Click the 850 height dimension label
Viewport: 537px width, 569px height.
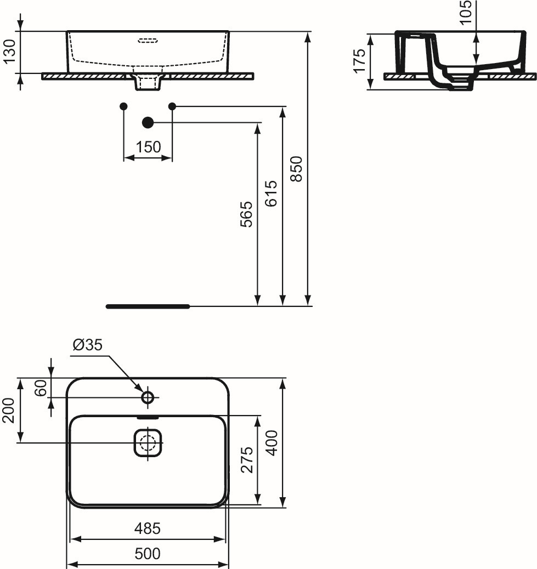pyautogui.click(x=297, y=169)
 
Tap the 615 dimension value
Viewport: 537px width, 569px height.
pyautogui.click(x=271, y=194)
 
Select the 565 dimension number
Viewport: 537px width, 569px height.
pyautogui.click(x=246, y=214)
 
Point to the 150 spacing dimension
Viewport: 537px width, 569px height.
pyautogui.click(x=148, y=147)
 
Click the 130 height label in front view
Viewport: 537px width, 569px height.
pyautogui.click(x=10, y=51)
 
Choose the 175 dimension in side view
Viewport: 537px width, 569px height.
pyautogui.click(x=360, y=61)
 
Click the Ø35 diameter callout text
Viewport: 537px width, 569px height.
pyautogui.click(x=88, y=345)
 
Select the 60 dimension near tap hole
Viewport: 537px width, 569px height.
pyautogui.click(x=41, y=388)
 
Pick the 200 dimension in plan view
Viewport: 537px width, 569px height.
pyautogui.click(x=8, y=410)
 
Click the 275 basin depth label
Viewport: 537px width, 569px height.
pyautogui.click(x=247, y=460)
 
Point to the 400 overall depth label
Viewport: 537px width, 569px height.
pyautogui.click(x=272, y=443)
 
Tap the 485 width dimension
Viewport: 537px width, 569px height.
pyautogui.click(x=148, y=528)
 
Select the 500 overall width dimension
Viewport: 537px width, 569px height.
pyautogui.click(x=148, y=554)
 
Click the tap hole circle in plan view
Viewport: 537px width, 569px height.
pyautogui.click(x=148, y=398)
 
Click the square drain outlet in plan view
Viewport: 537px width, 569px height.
pyautogui.click(x=148, y=443)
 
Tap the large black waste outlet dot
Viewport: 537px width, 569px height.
pyautogui.click(x=148, y=123)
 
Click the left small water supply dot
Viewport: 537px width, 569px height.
pyautogui.click(x=124, y=106)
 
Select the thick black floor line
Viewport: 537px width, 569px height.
pyautogui.click(x=148, y=306)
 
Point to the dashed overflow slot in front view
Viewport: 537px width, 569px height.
pyautogui.click(x=148, y=39)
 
